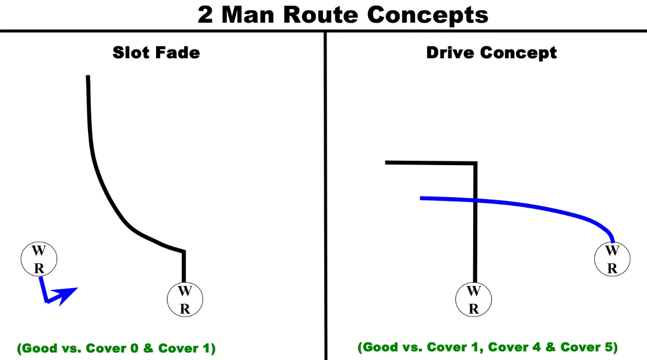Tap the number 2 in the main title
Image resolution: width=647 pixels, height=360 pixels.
(x=205, y=15)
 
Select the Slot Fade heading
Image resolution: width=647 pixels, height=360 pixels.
(x=156, y=52)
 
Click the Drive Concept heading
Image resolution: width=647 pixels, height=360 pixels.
(x=491, y=52)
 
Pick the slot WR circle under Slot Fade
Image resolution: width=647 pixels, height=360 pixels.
(x=185, y=300)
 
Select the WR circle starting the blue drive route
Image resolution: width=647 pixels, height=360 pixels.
(x=612, y=259)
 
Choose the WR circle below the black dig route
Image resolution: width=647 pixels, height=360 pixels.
(x=474, y=300)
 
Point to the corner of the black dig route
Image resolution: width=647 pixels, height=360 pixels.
(x=475, y=162)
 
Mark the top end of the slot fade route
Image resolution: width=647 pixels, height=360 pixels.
(x=87, y=77)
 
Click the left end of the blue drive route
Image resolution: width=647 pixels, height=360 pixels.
(x=422, y=198)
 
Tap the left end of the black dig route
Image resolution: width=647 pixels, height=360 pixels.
(x=387, y=162)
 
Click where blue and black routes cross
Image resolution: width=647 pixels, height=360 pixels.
(x=475, y=201)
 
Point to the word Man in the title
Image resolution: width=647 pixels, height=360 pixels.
(x=252, y=15)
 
